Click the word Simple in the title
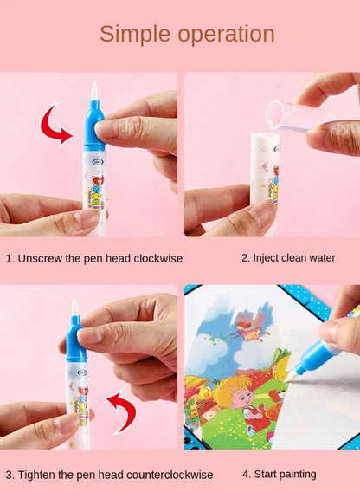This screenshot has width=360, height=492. (x=135, y=35)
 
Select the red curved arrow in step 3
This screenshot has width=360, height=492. (x=123, y=411)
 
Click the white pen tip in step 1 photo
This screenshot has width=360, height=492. (x=94, y=91)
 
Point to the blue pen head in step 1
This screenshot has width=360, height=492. (x=93, y=126)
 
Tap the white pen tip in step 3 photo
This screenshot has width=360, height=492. (x=74, y=307)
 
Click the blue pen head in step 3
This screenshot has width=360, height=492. (x=76, y=340)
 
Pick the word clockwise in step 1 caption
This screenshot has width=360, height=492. (x=158, y=258)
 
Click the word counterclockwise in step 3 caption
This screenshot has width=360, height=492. (x=173, y=475)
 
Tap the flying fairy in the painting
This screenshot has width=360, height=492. (x=250, y=332)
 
